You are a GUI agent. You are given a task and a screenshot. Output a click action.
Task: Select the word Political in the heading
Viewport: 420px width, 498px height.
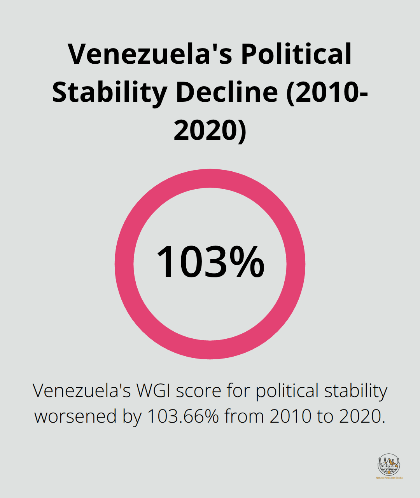coord(296,54)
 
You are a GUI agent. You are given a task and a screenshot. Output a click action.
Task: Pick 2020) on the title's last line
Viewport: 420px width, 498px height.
coord(210,130)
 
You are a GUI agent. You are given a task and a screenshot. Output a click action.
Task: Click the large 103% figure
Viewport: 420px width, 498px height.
coord(210,262)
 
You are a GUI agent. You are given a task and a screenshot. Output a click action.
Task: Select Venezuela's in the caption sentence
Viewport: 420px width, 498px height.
coord(82,391)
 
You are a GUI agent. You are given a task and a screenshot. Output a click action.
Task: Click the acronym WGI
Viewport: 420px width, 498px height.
coord(153,391)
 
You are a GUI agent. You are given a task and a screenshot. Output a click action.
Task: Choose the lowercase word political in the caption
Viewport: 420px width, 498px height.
coord(287,391)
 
